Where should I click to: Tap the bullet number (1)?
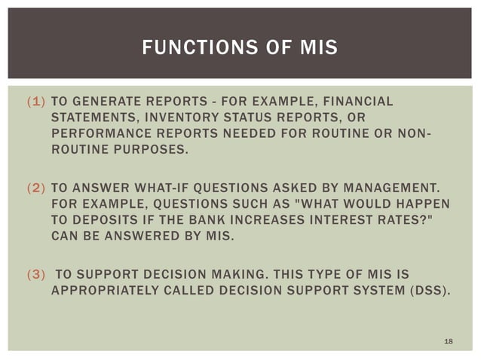pyautogui.click(x=35, y=102)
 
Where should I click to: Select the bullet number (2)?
pyautogui.click(x=35, y=188)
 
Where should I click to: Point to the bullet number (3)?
pyautogui.click(x=35, y=273)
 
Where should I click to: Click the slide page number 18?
pyautogui.click(x=449, y=343)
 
